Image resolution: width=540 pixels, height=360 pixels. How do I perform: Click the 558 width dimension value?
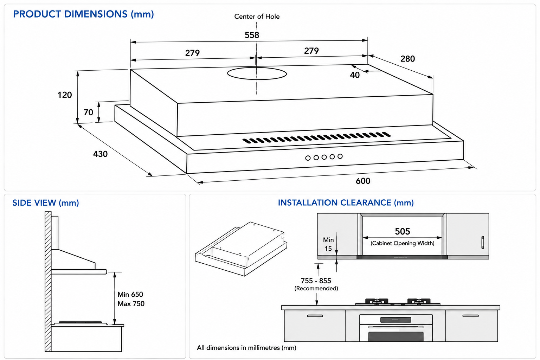[x=252, y=35]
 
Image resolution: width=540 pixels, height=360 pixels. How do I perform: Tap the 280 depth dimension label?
[x=408, y=59]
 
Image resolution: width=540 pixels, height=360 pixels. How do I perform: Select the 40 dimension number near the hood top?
[x=355, y=75]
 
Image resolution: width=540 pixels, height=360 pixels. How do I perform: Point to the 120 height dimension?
[x=65, y=95]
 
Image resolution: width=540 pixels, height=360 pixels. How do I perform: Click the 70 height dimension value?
[x=88, y=112]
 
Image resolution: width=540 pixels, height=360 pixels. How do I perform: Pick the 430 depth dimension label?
[x=100, y=154]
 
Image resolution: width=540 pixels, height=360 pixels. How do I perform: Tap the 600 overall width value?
[x=363, y=181]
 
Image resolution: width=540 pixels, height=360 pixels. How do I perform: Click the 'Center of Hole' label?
[x=257, y=17]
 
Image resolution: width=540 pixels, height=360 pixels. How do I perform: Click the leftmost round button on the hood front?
[x=308, y=158]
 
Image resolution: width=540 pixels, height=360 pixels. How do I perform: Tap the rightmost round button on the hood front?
[x=340, y=156]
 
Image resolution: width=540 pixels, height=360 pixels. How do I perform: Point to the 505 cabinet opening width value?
[x=402, y=231]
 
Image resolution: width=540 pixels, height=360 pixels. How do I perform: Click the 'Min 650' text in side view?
[x=130, y=294]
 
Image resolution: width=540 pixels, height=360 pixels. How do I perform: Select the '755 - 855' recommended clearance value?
[x=316, y=281]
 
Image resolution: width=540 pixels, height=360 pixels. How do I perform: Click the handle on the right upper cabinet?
[x=483, y=242]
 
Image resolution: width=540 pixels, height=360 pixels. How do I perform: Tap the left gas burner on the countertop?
[x=377, y=302]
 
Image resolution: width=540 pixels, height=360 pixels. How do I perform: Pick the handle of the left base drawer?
[x=315, y=316]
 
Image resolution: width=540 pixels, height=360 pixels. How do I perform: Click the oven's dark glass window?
[x=396, y=336]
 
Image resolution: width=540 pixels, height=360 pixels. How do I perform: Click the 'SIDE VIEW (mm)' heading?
[x=46, y=203]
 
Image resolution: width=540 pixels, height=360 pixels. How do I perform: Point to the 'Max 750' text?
[x=131, y=304]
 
